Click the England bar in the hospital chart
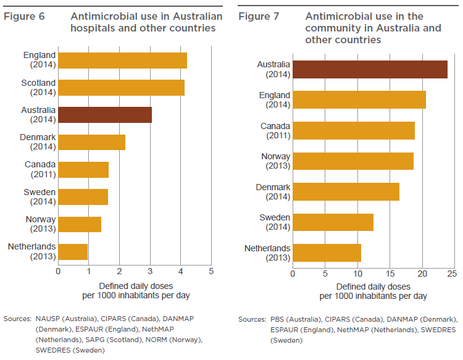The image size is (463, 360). point(122,61)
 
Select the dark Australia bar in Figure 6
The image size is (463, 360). point(105,115)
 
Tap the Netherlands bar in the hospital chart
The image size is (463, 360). point(73,251)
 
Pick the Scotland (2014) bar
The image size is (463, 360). point(121,88)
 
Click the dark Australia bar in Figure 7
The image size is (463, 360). point(370,69)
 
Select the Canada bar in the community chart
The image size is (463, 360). point(354,130)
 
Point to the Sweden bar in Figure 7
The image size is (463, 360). point(333,222)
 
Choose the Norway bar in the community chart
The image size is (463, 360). point(353,161)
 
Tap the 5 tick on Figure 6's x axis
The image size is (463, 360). point(211,271)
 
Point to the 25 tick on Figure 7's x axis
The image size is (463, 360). point(451,273)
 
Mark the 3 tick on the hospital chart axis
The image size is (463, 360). point(150,271)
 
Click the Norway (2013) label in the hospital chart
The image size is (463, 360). point(40,224)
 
